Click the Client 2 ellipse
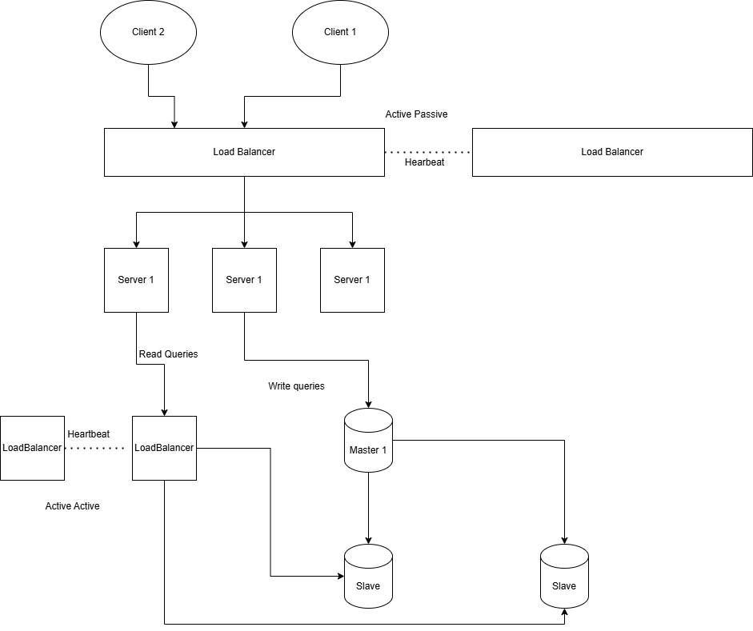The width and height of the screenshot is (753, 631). (x=148, y=32)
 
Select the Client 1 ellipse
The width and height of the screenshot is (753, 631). (x=340, y=32)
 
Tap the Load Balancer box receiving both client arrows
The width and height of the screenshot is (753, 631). (x=244, y=152)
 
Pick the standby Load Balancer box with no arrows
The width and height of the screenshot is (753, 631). (x=612, y=152)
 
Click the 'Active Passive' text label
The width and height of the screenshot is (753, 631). (x=416, y=114)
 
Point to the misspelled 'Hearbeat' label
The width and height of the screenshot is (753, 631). (x=424, y=162)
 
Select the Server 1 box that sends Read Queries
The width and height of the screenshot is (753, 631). (x=136, y=280)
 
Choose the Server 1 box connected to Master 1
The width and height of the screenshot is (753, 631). (x=244, y=280)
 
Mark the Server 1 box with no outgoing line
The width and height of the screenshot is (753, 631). (x=352, y=280)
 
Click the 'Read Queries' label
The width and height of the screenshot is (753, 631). (x=168, y=353)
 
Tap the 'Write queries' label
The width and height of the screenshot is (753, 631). (x=296, y=386)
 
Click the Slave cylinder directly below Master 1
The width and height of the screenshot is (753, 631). (x=368, y=577)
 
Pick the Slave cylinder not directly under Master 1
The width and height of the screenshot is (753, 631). (x=564, y=577)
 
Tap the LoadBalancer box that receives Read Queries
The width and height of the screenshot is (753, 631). (x=164, y=448)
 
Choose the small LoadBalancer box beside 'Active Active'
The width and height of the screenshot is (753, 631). (x=32, y=448)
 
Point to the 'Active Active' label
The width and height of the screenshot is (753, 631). (x=72, y=506)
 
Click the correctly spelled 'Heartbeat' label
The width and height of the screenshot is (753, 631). (x=89, y=433)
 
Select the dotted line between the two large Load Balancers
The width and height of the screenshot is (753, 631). (x=428, y=152)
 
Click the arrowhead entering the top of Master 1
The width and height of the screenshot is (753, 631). (x=368, y=404)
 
